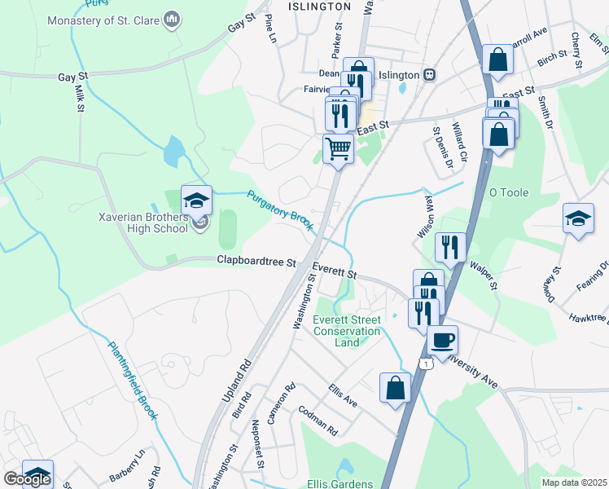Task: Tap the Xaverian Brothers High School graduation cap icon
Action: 196,200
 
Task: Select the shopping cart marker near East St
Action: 338,149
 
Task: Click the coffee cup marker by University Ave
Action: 442,340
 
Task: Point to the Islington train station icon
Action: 429,75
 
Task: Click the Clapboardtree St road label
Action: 256,262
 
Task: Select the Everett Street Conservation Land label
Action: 347,331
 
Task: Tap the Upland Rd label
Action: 234,383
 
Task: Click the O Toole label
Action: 508,193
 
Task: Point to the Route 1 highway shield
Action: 425,363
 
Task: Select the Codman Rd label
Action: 318,419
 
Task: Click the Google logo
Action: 27,479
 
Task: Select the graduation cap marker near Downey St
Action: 578,218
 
